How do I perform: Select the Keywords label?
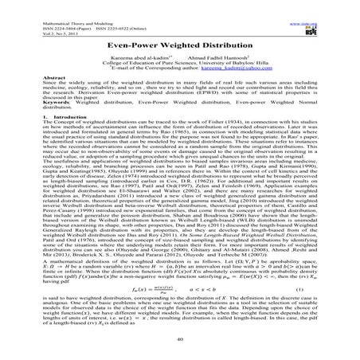32,116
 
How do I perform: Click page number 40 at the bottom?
179,338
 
